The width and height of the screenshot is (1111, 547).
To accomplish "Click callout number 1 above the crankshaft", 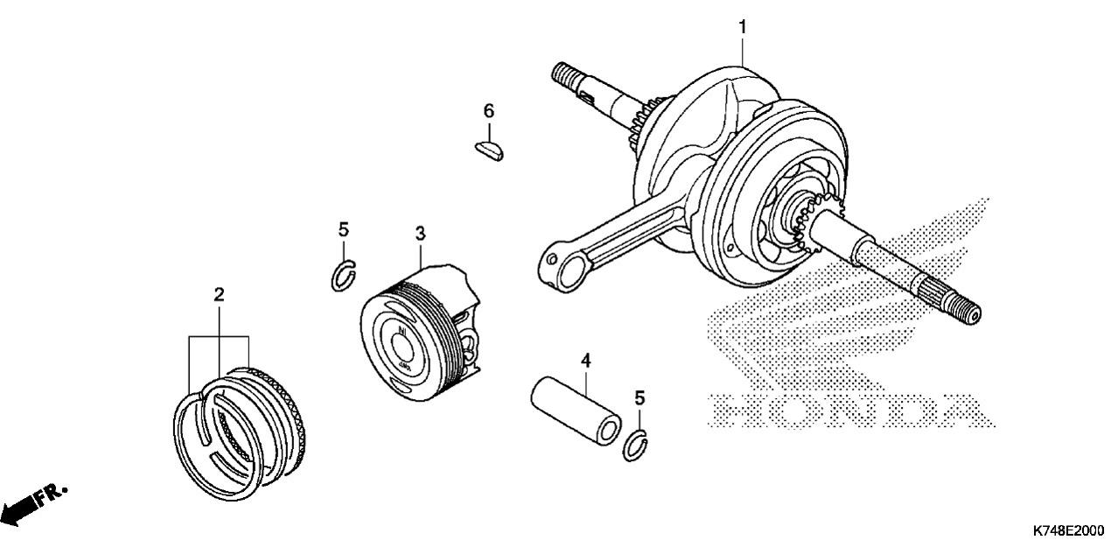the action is coord(743,27).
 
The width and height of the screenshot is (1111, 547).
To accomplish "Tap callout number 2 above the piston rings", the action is coord(219,295).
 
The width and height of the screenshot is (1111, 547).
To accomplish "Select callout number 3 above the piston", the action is coord(420,234).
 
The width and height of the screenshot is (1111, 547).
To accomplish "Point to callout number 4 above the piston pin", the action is coord(586,361).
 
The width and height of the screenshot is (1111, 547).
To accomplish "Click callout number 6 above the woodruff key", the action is coord(489,111).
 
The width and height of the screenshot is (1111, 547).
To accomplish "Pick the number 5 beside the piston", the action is coord(343,230).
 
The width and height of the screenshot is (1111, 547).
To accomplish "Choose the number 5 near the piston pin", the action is coord(639,397).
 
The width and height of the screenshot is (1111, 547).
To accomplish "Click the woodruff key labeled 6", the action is coord(489,151).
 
